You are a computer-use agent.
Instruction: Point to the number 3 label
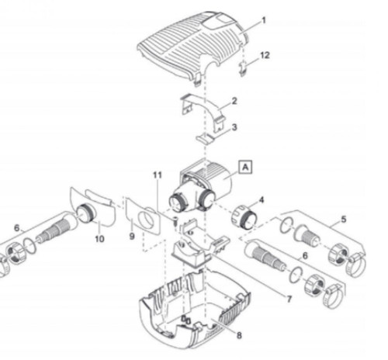coord(234,126)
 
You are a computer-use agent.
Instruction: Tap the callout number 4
coord(261,200)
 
